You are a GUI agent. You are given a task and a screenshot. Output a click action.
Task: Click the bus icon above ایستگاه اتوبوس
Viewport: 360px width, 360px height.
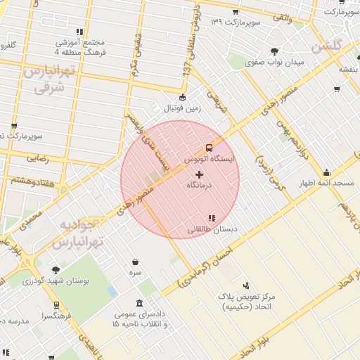click(x=210, y=148)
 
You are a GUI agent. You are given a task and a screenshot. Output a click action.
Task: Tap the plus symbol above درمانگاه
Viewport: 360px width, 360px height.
click(x=199, y=174)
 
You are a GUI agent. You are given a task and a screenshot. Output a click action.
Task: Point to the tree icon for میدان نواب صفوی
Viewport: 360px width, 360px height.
click(x=274, y=51)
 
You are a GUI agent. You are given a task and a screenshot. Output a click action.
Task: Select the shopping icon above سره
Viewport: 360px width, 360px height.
click(x=135, y=262)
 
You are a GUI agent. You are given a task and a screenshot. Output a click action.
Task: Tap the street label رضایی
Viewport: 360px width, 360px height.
click(x=37, y=159)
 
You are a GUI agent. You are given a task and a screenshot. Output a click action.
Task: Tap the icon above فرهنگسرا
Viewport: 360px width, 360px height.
click(x=56, y=305)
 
